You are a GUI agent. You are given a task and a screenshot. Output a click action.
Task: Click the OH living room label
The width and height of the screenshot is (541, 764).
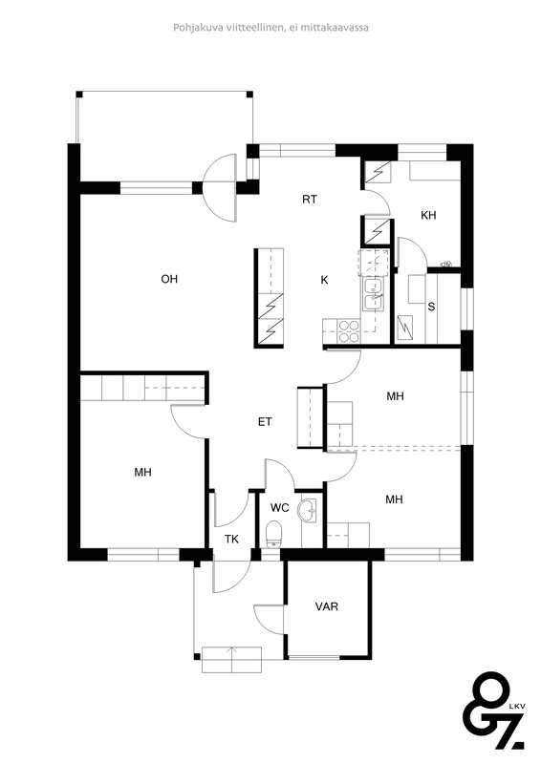pos(169,279)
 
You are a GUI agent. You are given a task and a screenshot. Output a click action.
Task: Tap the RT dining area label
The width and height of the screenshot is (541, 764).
pos(310,200)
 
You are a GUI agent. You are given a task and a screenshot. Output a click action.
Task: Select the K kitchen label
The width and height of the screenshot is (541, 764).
pos(324,280)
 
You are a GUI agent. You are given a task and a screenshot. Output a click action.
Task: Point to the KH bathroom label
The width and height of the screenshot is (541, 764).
pos(428,215)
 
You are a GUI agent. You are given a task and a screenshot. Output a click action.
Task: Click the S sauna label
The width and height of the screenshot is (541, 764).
pos(431,307)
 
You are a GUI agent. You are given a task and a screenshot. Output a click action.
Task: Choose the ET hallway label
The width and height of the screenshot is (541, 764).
pos(265,422)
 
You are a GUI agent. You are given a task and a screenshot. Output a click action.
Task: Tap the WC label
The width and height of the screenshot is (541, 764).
pos(280,508)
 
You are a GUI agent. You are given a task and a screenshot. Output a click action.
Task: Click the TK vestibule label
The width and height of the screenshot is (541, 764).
pos(231,540)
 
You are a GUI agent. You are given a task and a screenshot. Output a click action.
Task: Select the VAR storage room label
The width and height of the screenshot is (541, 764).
pos(326,606)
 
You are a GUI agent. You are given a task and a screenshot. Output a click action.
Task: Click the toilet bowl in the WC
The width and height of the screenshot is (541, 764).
pos(273,534)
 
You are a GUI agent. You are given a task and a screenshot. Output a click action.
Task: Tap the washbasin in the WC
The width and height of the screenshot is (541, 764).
pos(309,511)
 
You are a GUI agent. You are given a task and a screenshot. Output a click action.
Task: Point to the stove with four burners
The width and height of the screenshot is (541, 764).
pos(348,331)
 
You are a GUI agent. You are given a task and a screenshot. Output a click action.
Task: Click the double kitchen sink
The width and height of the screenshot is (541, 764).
pos(374,295)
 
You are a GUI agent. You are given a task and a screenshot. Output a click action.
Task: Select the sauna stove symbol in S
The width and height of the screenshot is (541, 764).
pos(406,328)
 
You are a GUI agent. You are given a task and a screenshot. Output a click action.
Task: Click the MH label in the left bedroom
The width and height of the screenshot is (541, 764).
pos(143,472)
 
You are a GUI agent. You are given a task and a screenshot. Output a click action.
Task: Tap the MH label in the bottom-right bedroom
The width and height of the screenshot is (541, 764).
pos(394,499)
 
